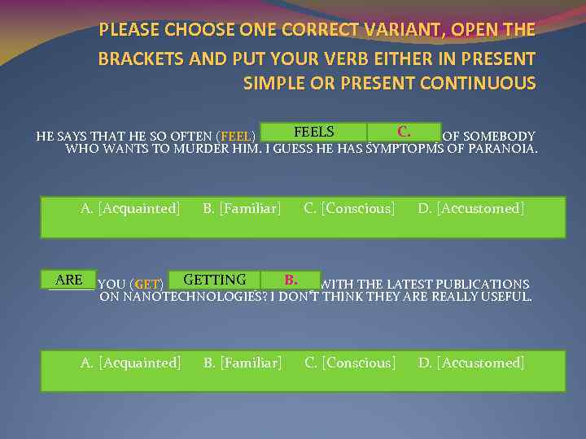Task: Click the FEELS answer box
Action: click(x=313, y=132)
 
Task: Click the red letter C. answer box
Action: click(x=404, y=132)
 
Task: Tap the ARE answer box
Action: click(x=69, y=280)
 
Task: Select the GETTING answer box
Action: click(x=215, y=280)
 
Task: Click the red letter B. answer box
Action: click(x=291, y=280)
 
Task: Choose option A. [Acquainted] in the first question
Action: click(x=130, y=209)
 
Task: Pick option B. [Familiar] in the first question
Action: click(x=242, y=209)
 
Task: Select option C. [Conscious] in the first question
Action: click(x=349, y=209)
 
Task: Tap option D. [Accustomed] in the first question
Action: click(x=471, y=209)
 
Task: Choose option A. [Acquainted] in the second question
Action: click(x=130, y=363)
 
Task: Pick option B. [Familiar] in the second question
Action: click(x=242, y=363)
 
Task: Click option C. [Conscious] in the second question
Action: click(x=350, y=363)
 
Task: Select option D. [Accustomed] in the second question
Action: click(x=471, y=363)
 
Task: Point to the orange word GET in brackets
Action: click(x=147, y=285)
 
